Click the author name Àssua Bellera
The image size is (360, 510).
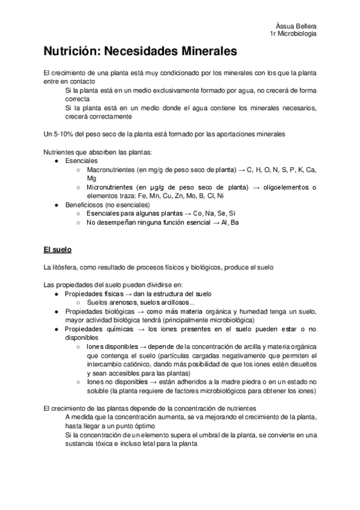(296, 26)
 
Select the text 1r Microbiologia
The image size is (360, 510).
(293, 34)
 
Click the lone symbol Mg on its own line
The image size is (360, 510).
(91, 179)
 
